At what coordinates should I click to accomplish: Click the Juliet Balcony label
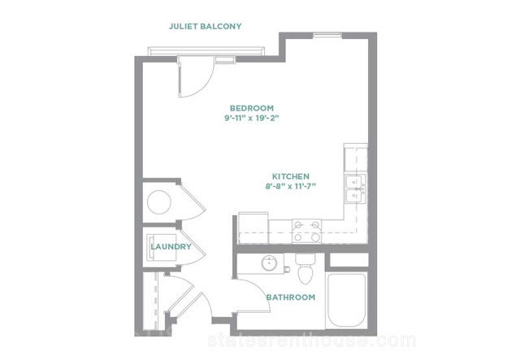[x=206, y=26]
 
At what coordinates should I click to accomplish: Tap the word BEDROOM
[x=252, y=108]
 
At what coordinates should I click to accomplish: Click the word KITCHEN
[x=291, y=176]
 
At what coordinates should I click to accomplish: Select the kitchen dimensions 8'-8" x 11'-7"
[x=291, y=186]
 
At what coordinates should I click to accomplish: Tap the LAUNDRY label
[x=171, y=246]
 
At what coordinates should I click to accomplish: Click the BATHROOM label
[x=291, y=297]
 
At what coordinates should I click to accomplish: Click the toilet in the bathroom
[x=305, y=268]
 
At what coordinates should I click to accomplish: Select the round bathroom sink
[x=270, y=263]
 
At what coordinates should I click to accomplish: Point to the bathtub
[x=347, y=301]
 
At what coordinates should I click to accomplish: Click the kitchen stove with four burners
[x=306, y=231]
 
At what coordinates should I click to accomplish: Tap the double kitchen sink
[x=355, y=189]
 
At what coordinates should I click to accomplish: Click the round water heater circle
[x=159, y=202]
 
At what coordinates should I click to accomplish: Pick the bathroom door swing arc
[x=262, y=292]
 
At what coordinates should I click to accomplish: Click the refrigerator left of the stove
[x=253, y=228]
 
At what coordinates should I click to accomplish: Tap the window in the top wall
[x=327, y=35]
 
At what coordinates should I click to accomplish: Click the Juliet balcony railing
[x=206, y=51]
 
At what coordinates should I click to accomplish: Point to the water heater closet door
[x=192, y=202]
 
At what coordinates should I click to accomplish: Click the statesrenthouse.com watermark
[x=312, y=340]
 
